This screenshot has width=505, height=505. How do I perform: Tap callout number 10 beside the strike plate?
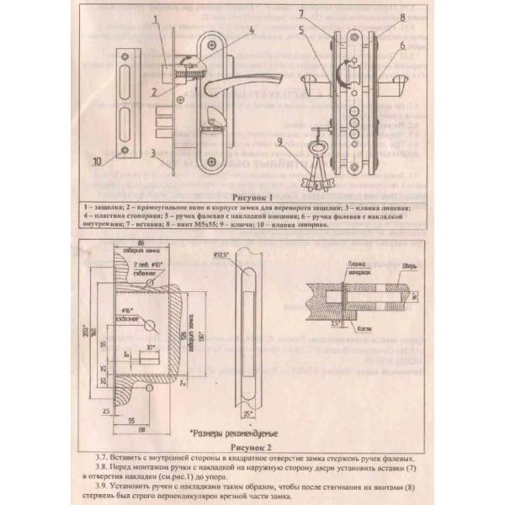97,159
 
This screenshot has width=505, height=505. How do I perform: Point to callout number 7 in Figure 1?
300,14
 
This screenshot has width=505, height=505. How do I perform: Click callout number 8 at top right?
403,16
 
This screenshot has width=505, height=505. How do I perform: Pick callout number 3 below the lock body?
149,154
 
